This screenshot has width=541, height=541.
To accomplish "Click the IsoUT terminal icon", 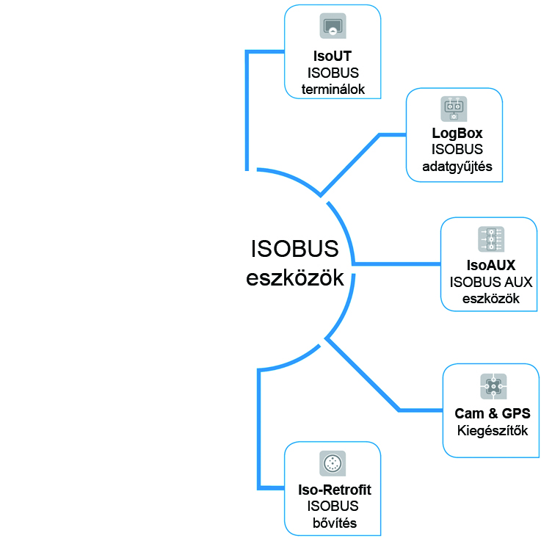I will [333, 26].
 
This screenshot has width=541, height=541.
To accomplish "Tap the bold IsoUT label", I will [333, 56].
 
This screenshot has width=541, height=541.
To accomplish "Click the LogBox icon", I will [454, 109].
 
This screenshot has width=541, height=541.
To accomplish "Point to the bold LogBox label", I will [455, 134].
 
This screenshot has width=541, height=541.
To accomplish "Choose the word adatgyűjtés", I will [455, 167].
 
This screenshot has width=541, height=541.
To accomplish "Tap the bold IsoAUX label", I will [490, 266].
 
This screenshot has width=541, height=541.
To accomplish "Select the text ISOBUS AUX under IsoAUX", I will [490, 283].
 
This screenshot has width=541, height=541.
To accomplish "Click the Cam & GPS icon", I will [493, 386].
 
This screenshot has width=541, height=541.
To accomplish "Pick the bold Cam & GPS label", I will [493, 414].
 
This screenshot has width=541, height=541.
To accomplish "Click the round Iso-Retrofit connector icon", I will [333, 464].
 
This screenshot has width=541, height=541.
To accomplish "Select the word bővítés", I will [333, 523].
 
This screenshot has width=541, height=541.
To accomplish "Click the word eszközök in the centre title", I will [294, 279].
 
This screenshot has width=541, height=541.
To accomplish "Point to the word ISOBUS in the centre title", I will [294, 250].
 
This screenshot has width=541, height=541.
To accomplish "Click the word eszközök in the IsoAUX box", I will [490, 299].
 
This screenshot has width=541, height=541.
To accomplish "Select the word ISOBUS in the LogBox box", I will [455, 150].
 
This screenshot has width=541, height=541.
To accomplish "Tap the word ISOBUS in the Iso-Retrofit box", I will [333, 507].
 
